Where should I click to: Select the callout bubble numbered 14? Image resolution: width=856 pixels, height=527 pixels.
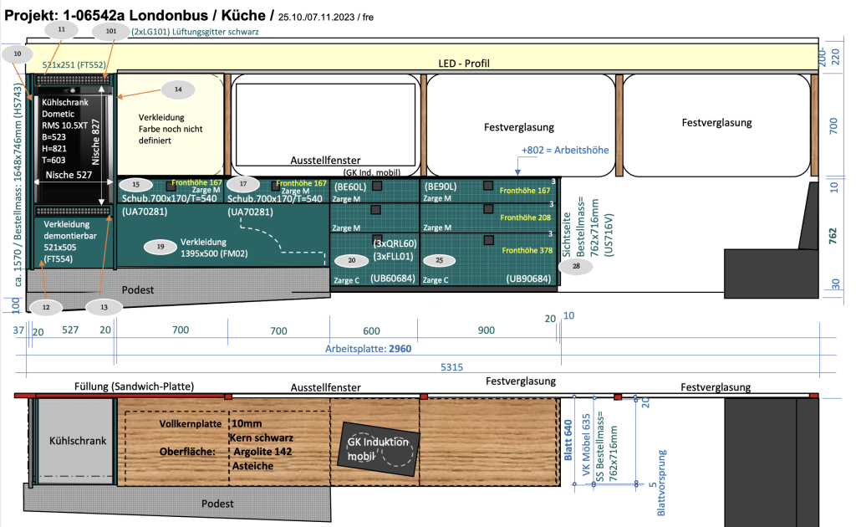tap(177, 89)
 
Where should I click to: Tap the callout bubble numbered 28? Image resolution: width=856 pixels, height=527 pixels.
tap(576, 266)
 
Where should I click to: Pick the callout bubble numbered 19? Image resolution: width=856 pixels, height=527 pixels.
tap(160, 246)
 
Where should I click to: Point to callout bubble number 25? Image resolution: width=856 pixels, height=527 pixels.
tap(440, 260)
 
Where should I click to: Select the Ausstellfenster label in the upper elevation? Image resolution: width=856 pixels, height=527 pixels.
tap(325, 159)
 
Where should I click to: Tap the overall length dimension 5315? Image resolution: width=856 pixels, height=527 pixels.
tap(452, 366)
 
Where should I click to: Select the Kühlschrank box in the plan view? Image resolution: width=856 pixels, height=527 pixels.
tap(74, 441)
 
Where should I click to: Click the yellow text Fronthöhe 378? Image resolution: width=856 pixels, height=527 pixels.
tap(522, 250)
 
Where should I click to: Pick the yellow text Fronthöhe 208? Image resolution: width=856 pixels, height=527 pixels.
tap(522, 217)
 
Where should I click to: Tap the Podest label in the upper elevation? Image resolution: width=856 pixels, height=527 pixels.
tap(139, 289)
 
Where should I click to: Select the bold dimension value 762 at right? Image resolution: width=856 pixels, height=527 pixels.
tap(833, 237)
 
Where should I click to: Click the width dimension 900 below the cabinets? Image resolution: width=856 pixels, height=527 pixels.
tap(486, 331)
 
